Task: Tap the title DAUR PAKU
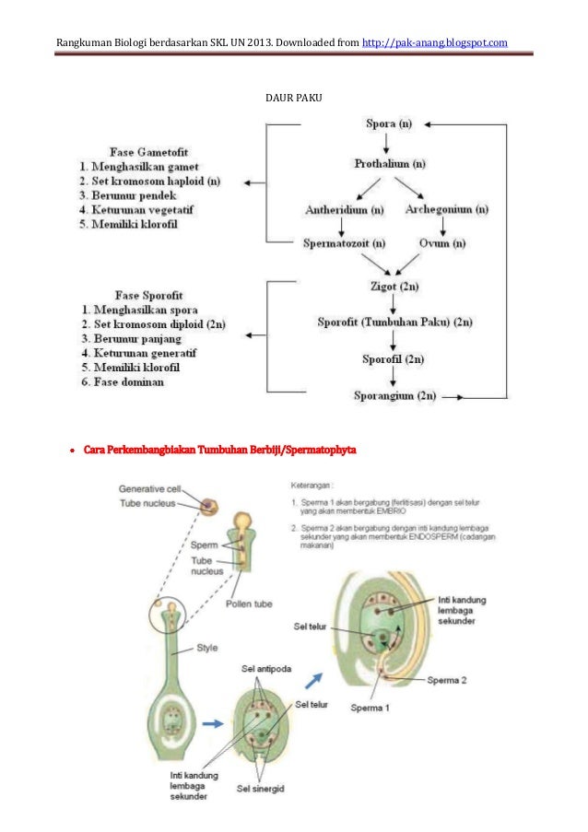tap(293, 96)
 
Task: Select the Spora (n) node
tap(388, 123)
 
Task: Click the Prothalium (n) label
tap(390, 163)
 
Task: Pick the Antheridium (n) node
tap(345, 211)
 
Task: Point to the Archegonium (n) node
tap(440, 211)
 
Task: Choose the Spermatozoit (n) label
tap(345, 244)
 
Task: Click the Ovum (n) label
tap(442, 244)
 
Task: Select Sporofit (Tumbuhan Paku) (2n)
tap(394, 322)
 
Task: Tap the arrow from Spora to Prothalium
tap(387, 143)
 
